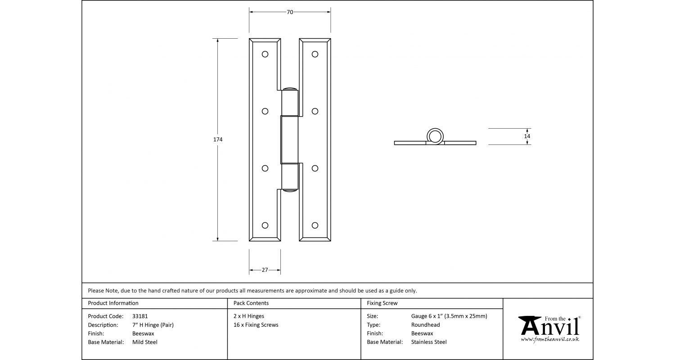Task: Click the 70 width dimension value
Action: pos(290,12)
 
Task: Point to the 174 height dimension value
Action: pos(218,139)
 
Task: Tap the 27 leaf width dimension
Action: pos(265,270)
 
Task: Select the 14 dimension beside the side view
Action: pos(527,136)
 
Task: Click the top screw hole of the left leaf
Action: pos(265,54)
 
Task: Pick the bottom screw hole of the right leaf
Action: pos(315,225)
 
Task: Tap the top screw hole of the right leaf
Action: pos(315,54)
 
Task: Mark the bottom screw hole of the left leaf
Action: pos(265,225)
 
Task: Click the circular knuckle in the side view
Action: pos(435,135)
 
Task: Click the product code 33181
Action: pos(140,316)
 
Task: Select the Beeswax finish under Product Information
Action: pos(143,333)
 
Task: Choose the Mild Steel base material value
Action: pos(145,342)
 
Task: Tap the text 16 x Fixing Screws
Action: pos(256,325)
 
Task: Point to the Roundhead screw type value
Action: pos(425,325)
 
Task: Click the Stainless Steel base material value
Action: pos(429,342)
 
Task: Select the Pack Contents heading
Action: pos(251,303)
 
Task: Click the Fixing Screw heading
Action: pos(382,303)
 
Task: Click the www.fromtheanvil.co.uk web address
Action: pos(550,339)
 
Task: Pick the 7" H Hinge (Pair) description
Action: pos(153,325)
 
